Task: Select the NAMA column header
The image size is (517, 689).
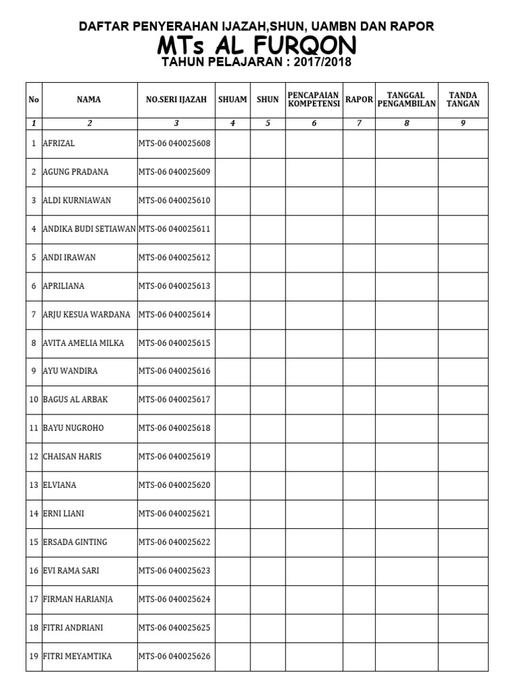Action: click(x=89, y=100)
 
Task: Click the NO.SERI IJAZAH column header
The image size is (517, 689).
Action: click(x=176, y=100)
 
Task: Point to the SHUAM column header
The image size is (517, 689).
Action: click(x=232, y=100)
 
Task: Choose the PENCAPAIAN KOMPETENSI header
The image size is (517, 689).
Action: click(x=314, y=100)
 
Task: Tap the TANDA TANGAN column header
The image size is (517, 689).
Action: click(x=463, y=100)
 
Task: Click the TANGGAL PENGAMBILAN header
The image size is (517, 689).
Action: click(x=407, y=100)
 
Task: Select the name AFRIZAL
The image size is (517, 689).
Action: click(x=59, y=143)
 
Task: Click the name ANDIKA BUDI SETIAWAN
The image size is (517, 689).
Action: click(x=90, y=229)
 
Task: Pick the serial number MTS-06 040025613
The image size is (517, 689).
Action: click(x=174, y=286)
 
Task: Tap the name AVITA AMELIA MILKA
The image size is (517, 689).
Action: click(x=83, y=343)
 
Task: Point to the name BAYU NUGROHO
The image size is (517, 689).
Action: click(x=73, y=428)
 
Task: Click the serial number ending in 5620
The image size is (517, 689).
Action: click(x=174, y=485)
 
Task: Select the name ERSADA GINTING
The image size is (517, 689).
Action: click(x=75, y=542)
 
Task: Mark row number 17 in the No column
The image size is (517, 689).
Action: click(x=34, y=599)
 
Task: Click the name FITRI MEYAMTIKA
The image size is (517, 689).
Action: click(x=77, y=656)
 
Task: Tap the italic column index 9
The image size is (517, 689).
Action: click(x=463, y=123)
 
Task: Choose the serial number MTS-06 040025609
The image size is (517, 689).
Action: click(x=174, y=172)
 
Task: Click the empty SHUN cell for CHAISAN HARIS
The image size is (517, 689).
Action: click(x=267, y=457)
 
